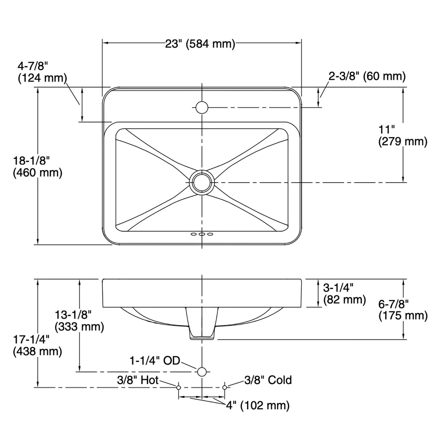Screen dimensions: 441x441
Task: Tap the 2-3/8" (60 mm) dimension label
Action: [x=367, y=76]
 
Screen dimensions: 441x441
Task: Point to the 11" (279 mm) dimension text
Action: [x=403, y=136]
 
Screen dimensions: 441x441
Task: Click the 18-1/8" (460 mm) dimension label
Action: [x=37, y=166]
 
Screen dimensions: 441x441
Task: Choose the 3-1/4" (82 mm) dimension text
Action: [x=344, y=294]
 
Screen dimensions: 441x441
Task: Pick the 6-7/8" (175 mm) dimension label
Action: [x=403, y=310]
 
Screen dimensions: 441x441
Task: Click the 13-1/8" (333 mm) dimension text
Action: [x=79, y=320]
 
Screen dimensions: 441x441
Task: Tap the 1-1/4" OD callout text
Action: [x=154, y=361]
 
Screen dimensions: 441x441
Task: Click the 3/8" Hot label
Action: [x=138, y=380]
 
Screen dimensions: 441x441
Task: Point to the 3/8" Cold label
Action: [x=268, y=380]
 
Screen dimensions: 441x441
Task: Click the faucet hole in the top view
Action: [x=202, y=107]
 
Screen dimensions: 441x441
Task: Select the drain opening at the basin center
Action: [x=202, y=182]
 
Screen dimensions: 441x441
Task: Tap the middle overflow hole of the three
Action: [x=202, y=234]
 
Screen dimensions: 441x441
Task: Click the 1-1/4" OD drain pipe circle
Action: [x=202, y=371]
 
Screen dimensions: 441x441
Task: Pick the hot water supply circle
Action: [x=179, y=387]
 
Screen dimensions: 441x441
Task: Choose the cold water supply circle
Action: [x=225, y=387]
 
